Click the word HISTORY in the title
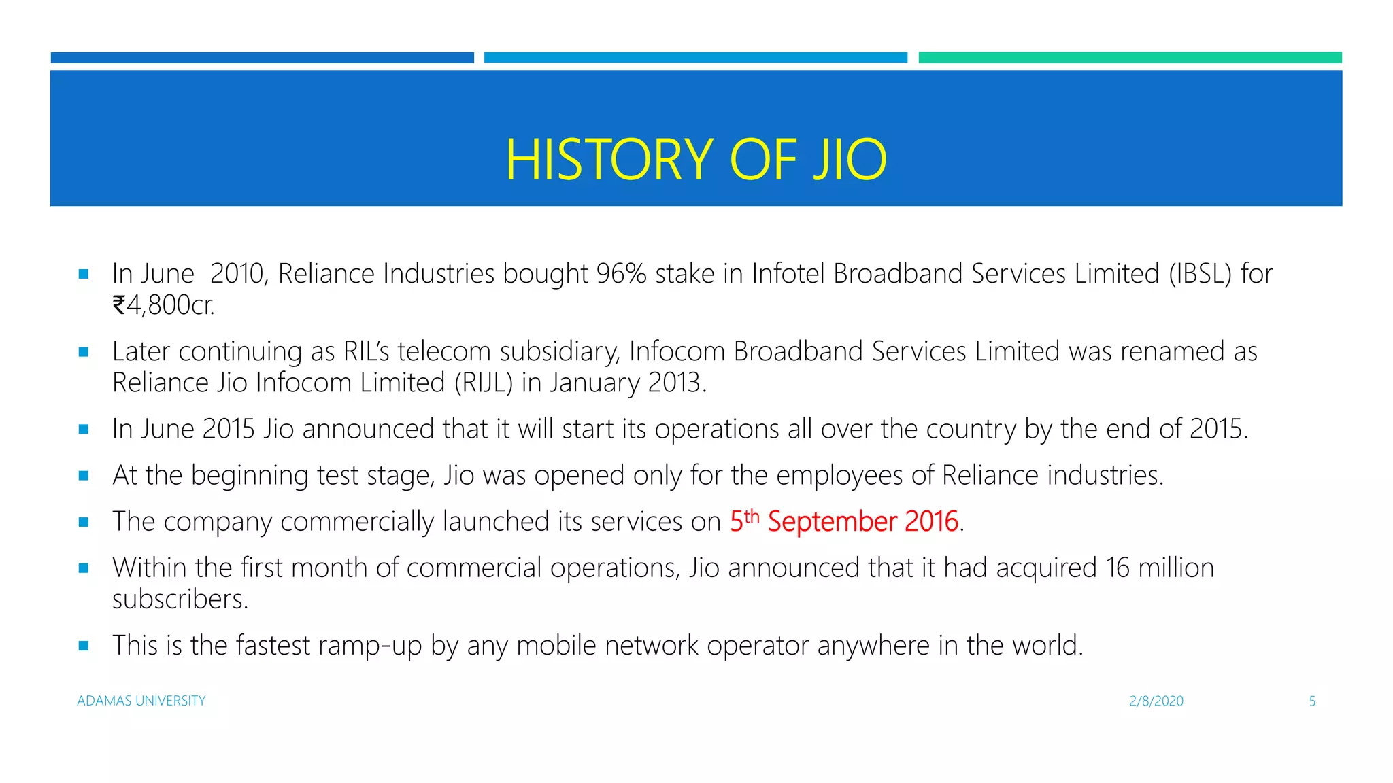609,160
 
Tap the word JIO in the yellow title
850,160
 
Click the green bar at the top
1129,58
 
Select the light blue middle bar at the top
695,58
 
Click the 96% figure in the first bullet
621,274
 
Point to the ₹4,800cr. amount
163,305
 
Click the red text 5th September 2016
843,521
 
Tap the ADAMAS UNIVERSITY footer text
141,701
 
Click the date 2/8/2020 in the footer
1156,701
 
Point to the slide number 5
1312,701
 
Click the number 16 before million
1118,568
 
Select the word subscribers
180,599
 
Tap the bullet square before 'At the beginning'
84,476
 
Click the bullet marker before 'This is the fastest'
84,646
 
